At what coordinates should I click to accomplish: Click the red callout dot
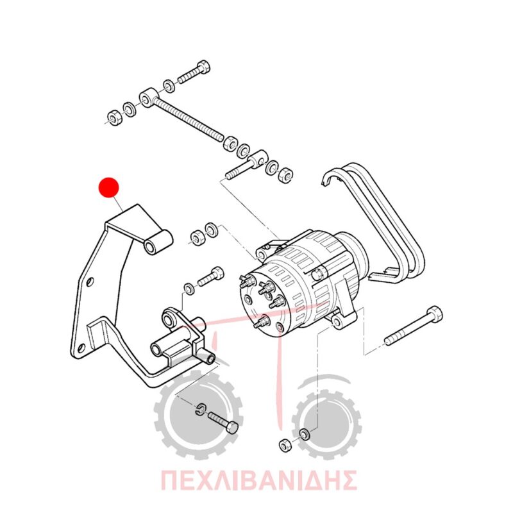pyautogui.click(x=109, y=188)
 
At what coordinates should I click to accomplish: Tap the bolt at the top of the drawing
pyautogui.click(x=194, y=72)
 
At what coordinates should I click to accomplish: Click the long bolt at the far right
pyautogui.click(x=414, y=326)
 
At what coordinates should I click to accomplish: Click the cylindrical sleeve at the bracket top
pyautogui.click(x=158, y=242)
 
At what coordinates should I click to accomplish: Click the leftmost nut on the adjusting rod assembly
pyautogui.click(x=115, y=118)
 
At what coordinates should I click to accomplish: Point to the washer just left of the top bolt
pyautogui.click(x=169, y=86)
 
